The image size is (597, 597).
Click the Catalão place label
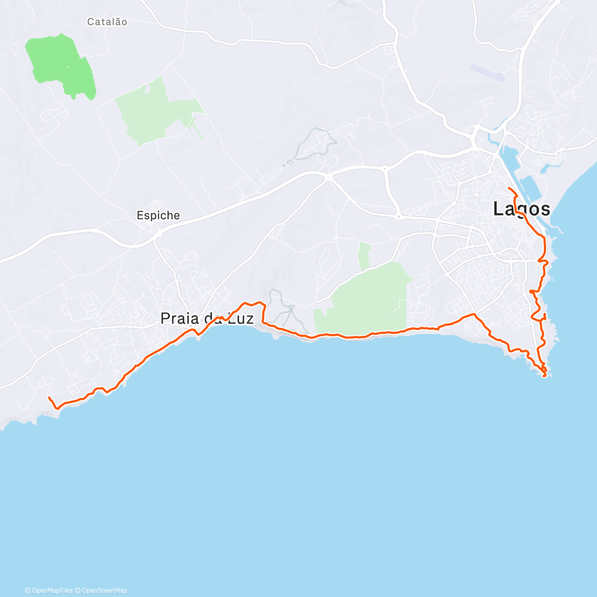107,22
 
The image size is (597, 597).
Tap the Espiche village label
158,215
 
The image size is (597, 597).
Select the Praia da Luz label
207,318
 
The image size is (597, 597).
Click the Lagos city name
521,209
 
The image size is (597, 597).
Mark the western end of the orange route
48,398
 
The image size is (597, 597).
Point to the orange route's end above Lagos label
508,188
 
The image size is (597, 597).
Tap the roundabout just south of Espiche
159,232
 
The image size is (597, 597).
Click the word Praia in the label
178,318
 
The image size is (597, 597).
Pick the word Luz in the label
241,318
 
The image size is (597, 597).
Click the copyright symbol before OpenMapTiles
28,591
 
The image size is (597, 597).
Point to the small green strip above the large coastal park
364,256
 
